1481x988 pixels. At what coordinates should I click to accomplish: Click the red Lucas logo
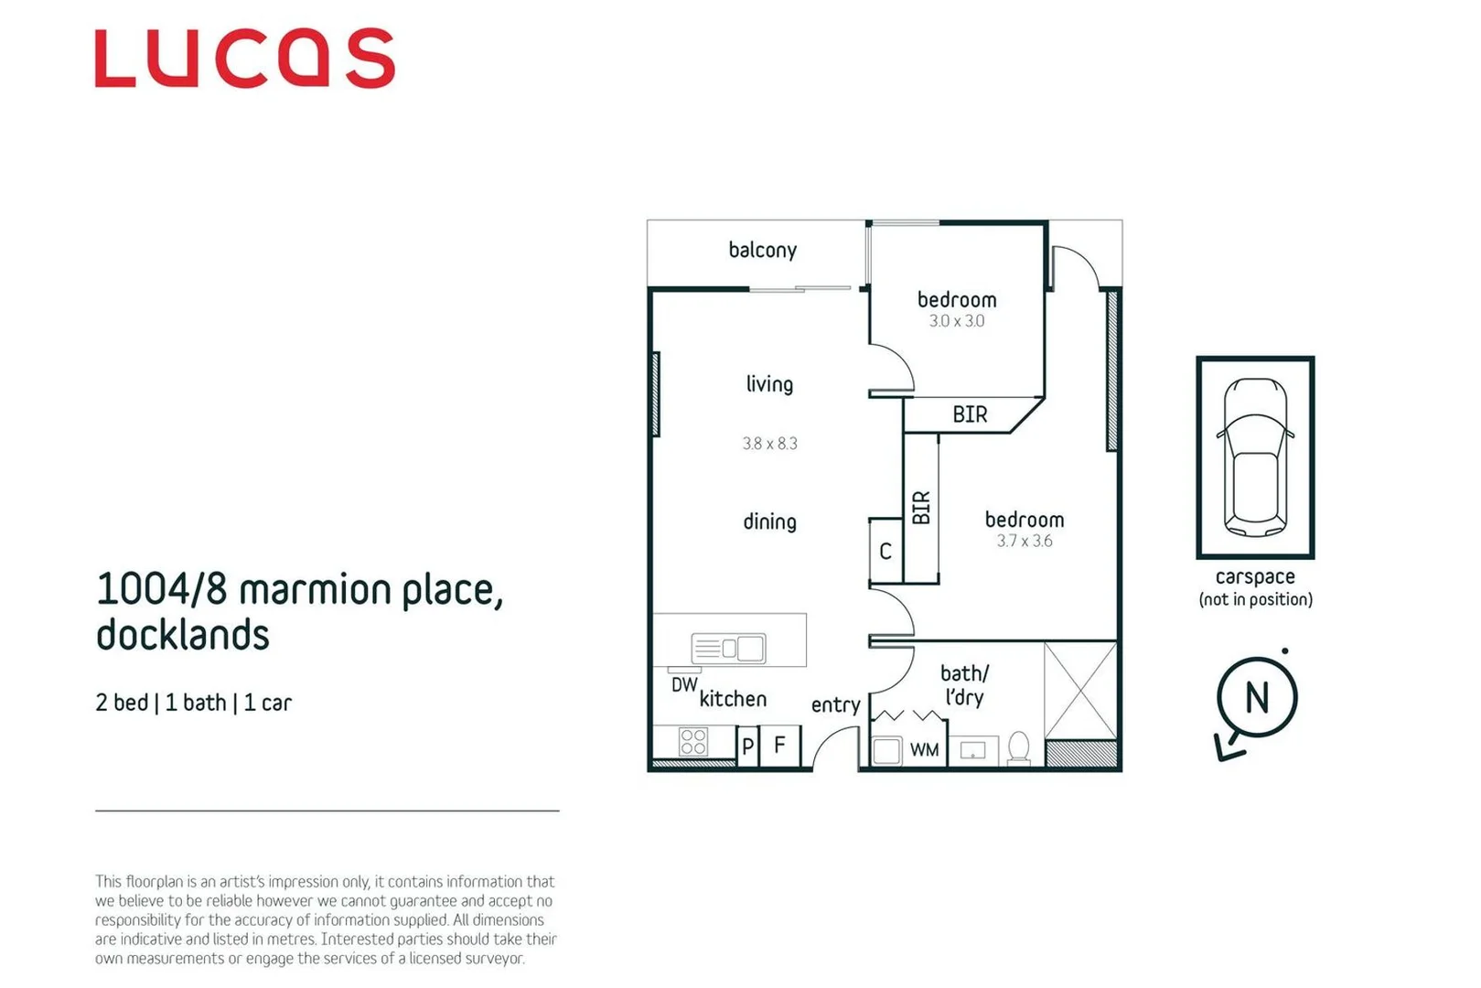[x=244, y=59]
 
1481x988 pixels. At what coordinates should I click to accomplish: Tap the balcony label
[x=762, y=250]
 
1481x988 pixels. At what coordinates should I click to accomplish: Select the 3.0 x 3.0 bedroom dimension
[x=956, y=321]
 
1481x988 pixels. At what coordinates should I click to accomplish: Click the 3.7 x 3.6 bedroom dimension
[x=1024, y=541]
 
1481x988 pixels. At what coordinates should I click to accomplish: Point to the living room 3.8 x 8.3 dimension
[x=769, y=444]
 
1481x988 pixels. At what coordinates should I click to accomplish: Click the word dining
[x=769, y=521]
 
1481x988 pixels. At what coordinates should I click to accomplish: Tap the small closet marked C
[x=885, y=551]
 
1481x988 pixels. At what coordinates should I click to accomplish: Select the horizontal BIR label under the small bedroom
[x=970, y=414]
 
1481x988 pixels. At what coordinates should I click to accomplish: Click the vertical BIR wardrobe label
[x=921, y=507]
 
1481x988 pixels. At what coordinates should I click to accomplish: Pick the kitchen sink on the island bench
[x=729, y=649]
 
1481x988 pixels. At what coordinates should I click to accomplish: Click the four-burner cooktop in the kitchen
[x=693, y=741]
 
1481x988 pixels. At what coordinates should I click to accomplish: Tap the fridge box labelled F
[x=779, y=745]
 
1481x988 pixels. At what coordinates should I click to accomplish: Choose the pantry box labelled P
[x=747, y=746]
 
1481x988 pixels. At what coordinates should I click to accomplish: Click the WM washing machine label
[x=924, y=750]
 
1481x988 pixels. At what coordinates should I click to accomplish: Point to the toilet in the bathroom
[x=1018, y=746]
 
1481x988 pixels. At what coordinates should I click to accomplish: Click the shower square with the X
[x=1080, y=691]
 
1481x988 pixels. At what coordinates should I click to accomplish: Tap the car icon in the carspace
[x=1255, y=456]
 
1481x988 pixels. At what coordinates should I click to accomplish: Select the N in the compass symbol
[x=1257, y=698]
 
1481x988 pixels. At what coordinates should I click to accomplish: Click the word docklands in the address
[x=183, y=635]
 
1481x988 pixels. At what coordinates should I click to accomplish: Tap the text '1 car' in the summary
[x=267, y=703]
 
